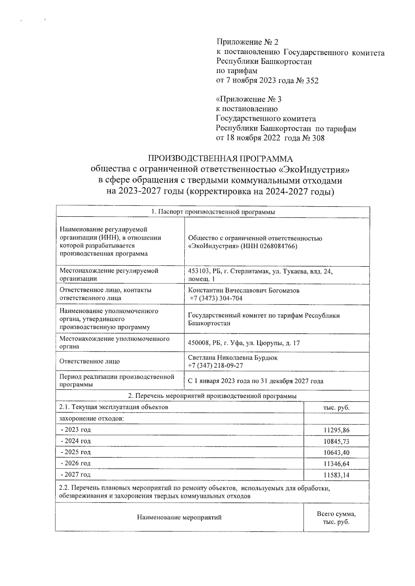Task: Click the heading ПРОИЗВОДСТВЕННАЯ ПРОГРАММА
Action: tap(220, 159)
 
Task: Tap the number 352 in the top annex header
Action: tap(311, 81)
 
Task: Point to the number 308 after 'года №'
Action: tap(318, 139)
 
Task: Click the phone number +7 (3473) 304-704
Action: tap(216, 298)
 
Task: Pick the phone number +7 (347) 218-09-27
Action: tap(215, 366)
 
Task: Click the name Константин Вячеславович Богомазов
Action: tap(243, 291)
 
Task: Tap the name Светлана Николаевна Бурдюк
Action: tap(232, 358)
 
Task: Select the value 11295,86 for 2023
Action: tap(336, 431)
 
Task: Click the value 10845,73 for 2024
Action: tap(336, 442)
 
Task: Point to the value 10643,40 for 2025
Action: tap(336, 453)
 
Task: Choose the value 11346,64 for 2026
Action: tap(336, 464)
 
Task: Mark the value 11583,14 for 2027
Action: tap(336, 475)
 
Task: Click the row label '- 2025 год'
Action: tap(75, 452)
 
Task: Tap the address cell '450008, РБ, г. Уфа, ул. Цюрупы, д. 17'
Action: tap(243, 343)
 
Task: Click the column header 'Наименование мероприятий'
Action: tap(179, 517)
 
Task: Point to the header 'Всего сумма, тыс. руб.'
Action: tap(336, 518)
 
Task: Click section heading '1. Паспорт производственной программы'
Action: tap(213, 212)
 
